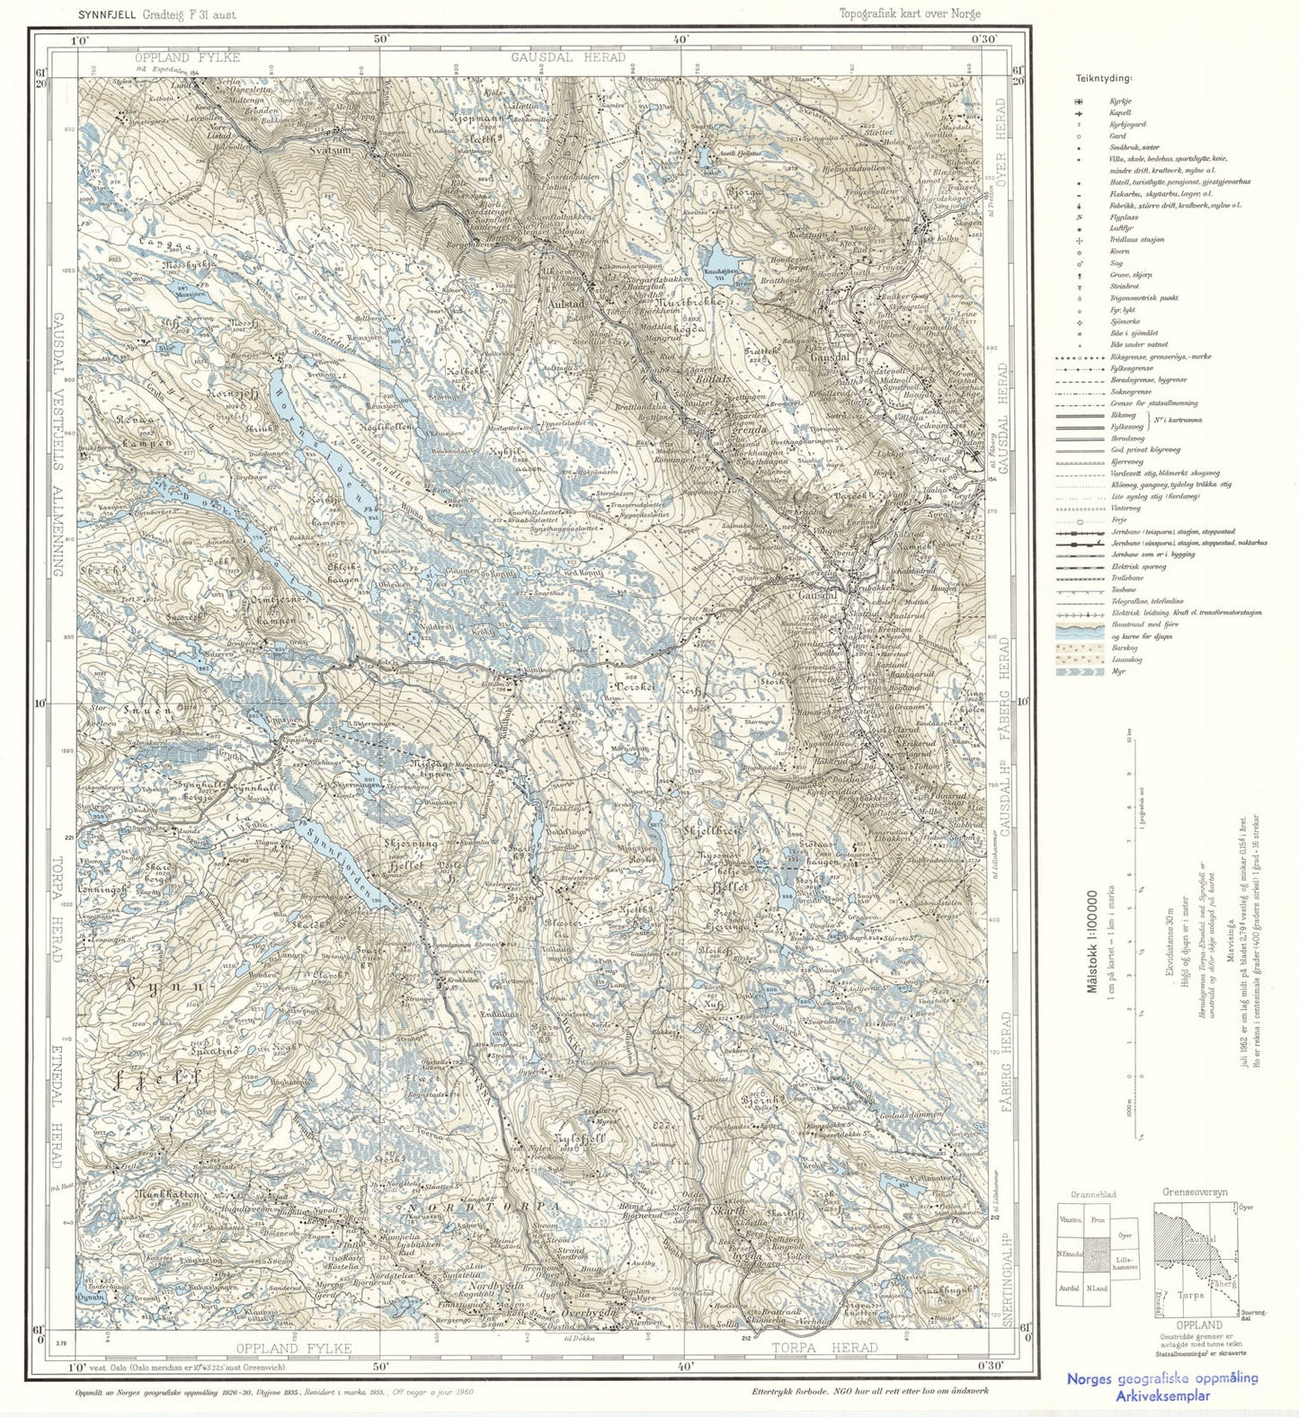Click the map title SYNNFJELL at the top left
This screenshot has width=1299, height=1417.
(107, 13)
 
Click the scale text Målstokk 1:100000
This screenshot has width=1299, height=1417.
(1093, 940)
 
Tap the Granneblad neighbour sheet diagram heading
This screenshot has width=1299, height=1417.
(1097, 1195)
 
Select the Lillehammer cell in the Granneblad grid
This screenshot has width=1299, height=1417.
(1124, 1261)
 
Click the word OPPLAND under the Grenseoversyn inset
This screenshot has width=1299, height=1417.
(1199, 1324)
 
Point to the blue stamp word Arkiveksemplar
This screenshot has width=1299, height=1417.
(1162, 1395)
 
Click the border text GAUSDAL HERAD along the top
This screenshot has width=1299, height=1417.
(568, 57)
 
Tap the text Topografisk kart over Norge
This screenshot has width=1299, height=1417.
(909, 13)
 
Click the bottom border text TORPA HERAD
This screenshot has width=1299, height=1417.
(824, 1347)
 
